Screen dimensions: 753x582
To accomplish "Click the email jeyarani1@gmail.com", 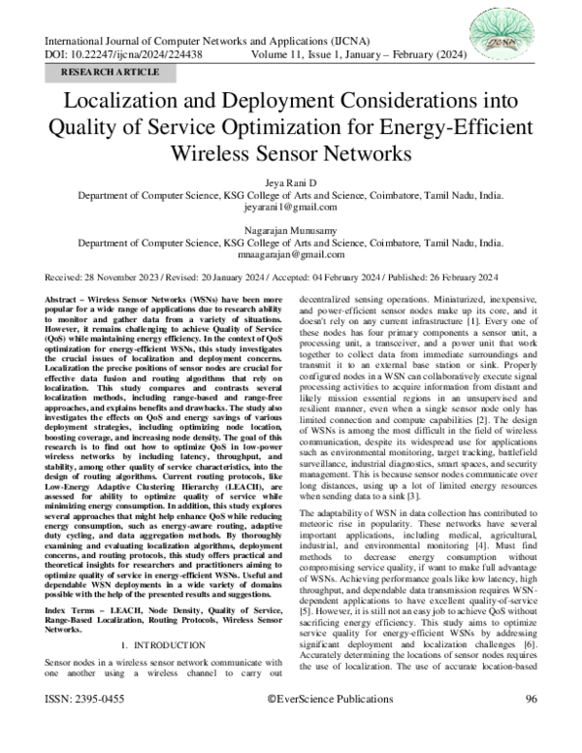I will pos(291,208).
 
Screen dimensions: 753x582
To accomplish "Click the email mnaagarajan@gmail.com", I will pos(291,254).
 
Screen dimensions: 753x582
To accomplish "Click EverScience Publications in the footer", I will pos(324,726).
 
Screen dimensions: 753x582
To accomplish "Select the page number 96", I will pos(532,726).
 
